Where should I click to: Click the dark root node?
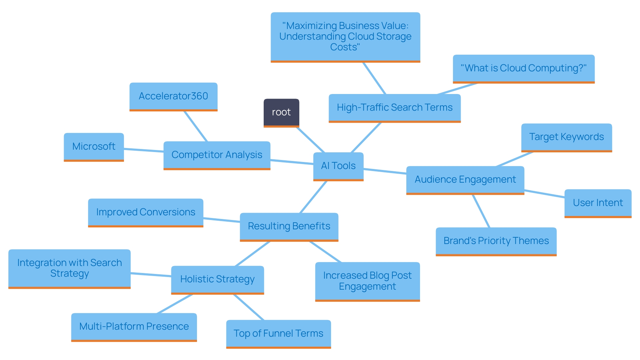pyautogui.click(x=281, y=112)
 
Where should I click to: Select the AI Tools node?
pyautogui.click(x=338, y=166)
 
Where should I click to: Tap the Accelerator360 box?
pyautogui.click(x=173, y=96)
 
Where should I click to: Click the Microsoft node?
pyautogui.click(x=94, y=147)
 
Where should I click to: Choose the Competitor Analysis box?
pyautogui.click(x=217, y=155)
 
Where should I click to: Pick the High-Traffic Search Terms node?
pyautogui.click(x=394, y=108)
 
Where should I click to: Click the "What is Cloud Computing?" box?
pyautogui.click(x=523, y=68)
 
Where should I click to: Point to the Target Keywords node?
pyautogui.click(x=566, y=137)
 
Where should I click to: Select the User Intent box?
pyautogui.click(x=598, y=203)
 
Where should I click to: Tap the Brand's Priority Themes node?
pyautogui.click(x=496, y=241)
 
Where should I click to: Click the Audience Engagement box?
pyautogui.click(x=465, y=180)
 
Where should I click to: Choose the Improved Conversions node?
pyautogui.click(x=145, y=212)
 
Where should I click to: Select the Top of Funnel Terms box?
pyautogui.click(x=278, y=334)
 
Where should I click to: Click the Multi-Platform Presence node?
pyautogui.click(x=134, y=327)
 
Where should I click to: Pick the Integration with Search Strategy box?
pyautogui.click(x=69, y=268)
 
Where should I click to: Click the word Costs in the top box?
pyautogui.click(x=345, y=47)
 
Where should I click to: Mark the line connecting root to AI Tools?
pyautogui.click(x=310, y=140)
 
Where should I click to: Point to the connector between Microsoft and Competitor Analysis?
pyautogui.click(x=143, y=150)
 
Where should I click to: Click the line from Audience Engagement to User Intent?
pyautogui.click(x=544, y=194)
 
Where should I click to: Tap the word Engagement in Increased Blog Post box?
pyautogui.click(x=367, y=287)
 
